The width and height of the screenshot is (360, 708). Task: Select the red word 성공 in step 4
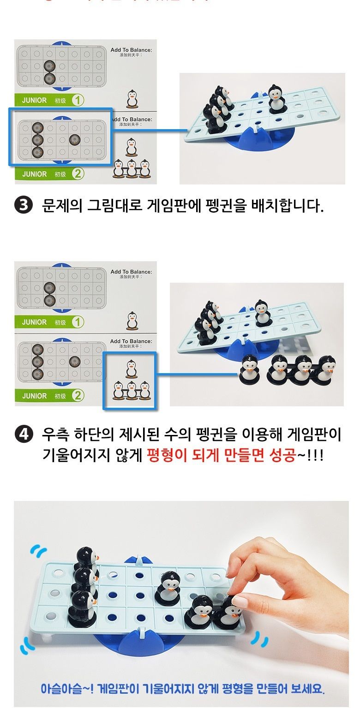pyautogui.click(x=282, y=456)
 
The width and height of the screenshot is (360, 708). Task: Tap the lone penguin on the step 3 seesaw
pyautogui.click(x=276, y=99)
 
